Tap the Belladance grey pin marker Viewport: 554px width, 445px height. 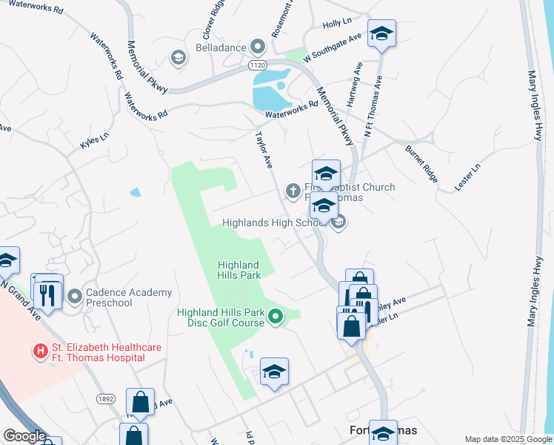pyautogui.click(x=258, y=47)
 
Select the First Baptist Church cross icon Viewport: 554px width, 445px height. pyautogui.click(x=293, y=192)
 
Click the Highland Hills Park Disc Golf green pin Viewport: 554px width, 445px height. pyautogui.click(x=276, y=317)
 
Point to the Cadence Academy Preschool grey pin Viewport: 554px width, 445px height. pyautogui.click(x=74, y=297)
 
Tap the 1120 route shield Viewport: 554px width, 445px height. pyautogui.click(x=257, y=65)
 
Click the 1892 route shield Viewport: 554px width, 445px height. pyautogui.click(x=105, y=398)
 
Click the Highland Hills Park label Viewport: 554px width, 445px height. pyautogui.click(x=238, y=270)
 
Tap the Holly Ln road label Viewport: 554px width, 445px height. pyautogui.click(x=336, y=24)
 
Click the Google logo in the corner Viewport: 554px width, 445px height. pyautogui.click(x=24, y=436)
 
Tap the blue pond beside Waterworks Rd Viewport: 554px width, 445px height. pyautogui.click(x=270, y=90)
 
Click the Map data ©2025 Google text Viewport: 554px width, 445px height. pyautogui.click(x=508, y=439)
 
